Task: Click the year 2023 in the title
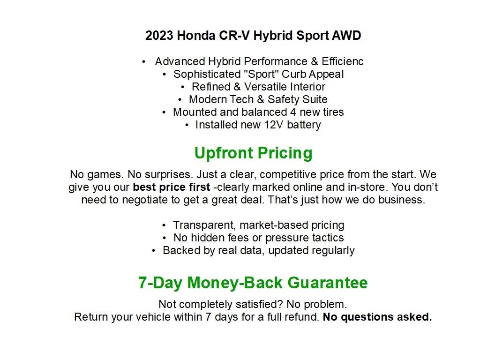[158, 36]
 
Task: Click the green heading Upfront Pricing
[253, 153]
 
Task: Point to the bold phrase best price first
[172, 187]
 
